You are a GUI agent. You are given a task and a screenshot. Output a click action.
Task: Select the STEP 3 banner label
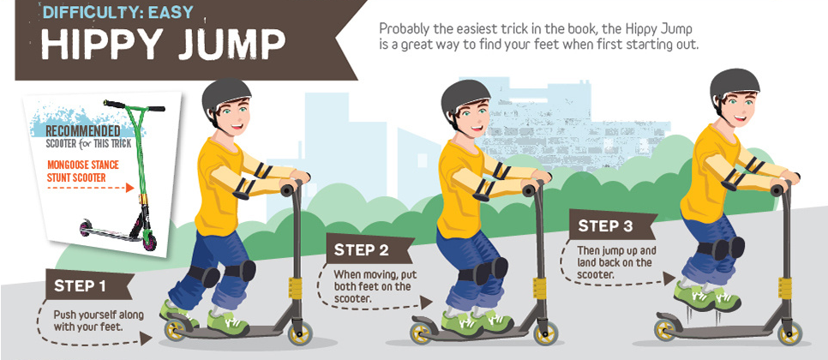[605, 226]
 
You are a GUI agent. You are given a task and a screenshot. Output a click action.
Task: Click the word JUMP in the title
[237, 45]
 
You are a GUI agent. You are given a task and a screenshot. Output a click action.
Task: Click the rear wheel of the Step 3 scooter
[667, 329]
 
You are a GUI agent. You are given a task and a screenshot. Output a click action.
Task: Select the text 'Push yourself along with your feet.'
[99, 320]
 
